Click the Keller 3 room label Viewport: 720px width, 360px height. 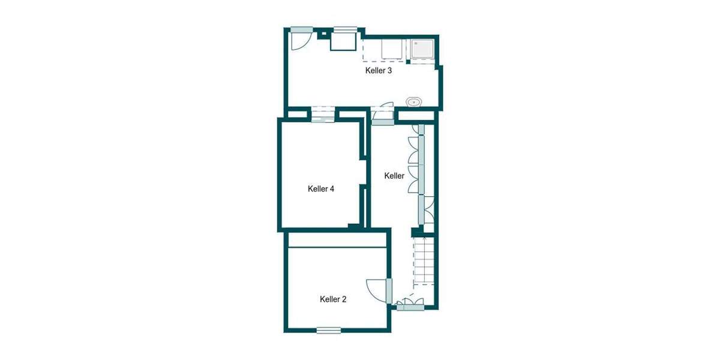(379, 71)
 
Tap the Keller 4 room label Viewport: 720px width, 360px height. (320, 189)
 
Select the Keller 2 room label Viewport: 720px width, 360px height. (333, 299)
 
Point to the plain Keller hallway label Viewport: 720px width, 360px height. (394, 176)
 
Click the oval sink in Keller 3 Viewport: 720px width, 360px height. (414, 102)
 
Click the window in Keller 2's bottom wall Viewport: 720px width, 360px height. (329, 330)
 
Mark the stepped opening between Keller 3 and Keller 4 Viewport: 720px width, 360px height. (322, 114)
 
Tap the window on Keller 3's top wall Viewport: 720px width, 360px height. (346, 28)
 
